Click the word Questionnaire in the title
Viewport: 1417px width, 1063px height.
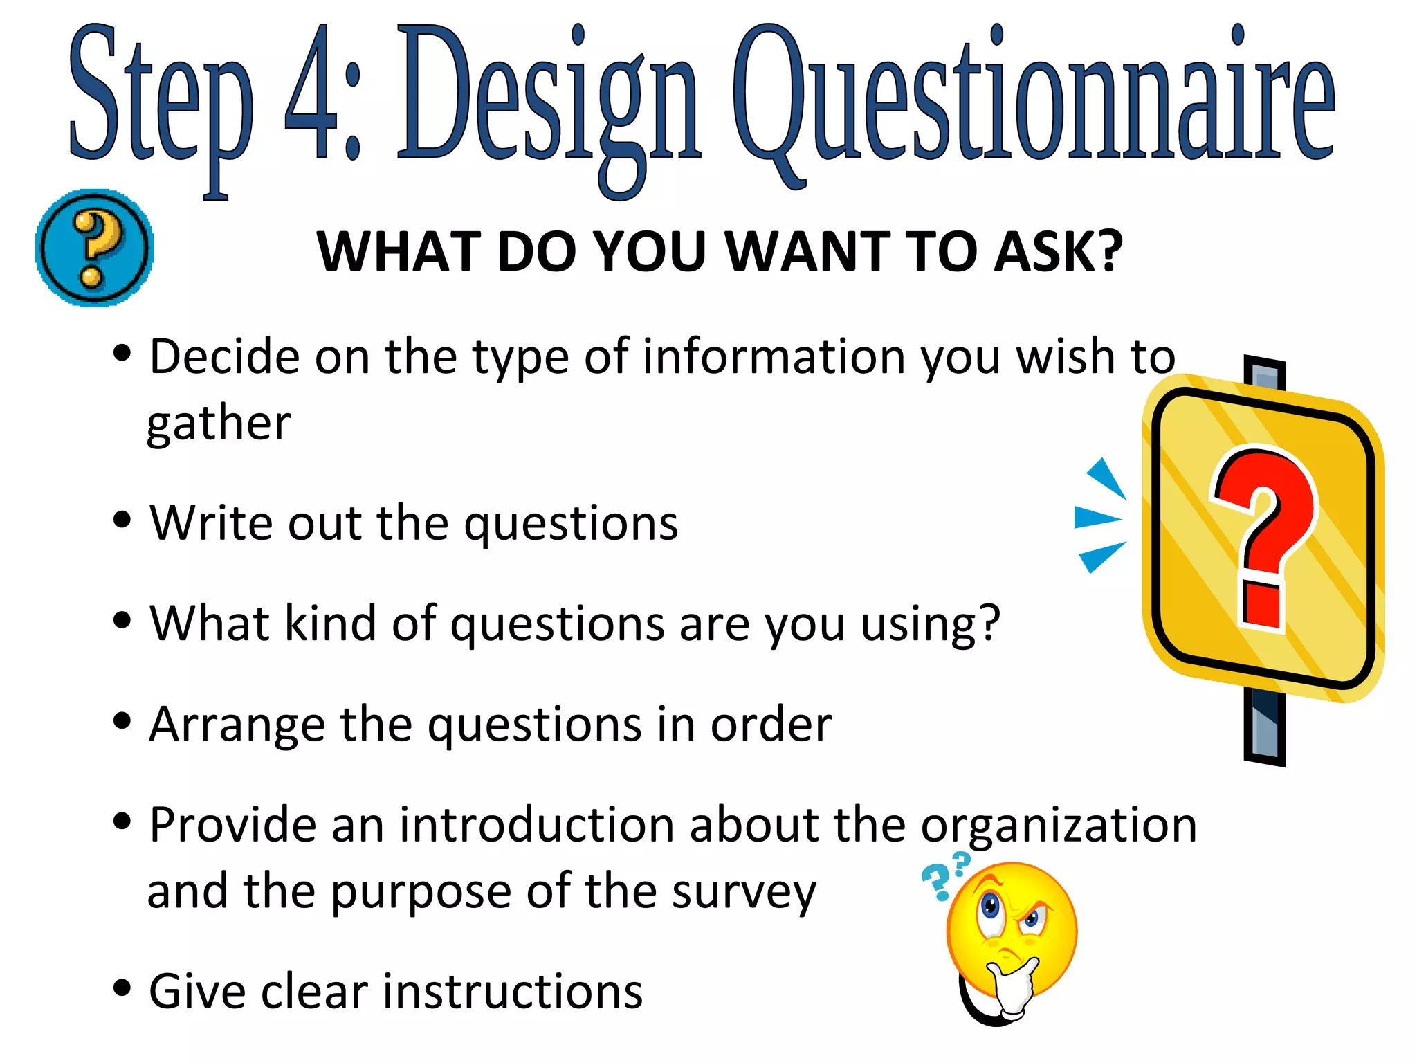coord(1034,97)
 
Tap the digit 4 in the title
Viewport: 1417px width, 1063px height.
coord(311,93)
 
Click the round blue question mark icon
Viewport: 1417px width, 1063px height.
coord(94,248)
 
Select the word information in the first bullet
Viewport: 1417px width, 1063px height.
coord(774,357)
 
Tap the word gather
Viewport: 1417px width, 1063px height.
coord(219,424)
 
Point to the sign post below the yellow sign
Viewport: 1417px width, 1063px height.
coord(1264,727)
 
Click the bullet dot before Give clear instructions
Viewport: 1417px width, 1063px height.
coord(122,988)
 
